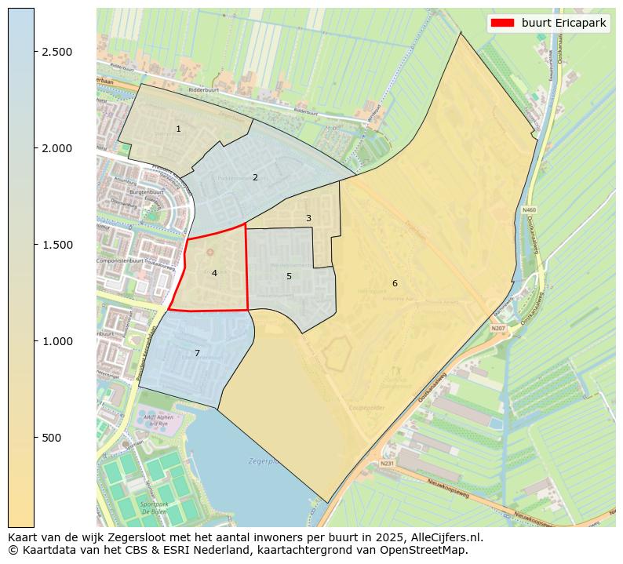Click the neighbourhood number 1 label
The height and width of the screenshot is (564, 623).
(x=178, y=129)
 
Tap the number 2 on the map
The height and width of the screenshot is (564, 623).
(x=255, y=177)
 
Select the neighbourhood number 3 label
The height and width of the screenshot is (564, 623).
(x=308, y=219)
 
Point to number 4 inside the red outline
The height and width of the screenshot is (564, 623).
(x=214, y=273)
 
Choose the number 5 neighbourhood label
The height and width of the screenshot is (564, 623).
(x=289, y=276)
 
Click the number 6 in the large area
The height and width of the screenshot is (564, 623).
(x=395, y=283)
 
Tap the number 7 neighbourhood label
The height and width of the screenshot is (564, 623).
(x=197, y=353)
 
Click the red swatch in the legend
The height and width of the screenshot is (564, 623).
(x=503, y=23)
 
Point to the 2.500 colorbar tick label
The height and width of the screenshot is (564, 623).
(x=57, y=52)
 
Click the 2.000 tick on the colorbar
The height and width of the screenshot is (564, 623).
(x=57, y=148)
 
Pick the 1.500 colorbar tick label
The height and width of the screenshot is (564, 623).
(x=57, y=245)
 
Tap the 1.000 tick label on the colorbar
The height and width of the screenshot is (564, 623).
(x=57, y=341)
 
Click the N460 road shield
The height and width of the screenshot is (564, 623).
(x=529, y=210)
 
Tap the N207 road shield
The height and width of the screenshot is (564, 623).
(x=498, y=328)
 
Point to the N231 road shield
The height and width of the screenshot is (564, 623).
(x=387, y=464)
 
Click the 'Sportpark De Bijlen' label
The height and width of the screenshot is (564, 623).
(x=154, y=508)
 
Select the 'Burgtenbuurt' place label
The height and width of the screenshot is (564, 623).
(x=127, y=191)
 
